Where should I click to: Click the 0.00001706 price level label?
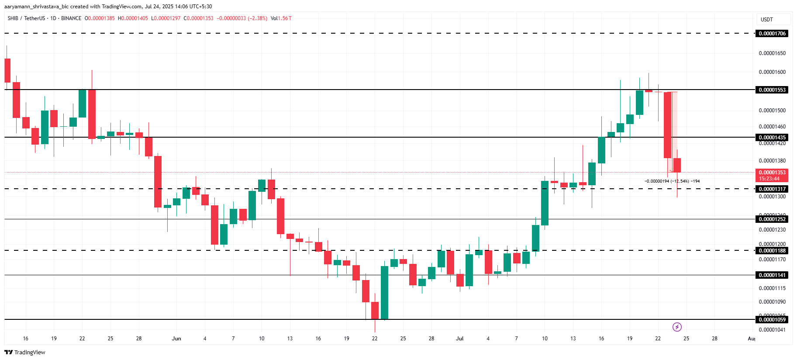[x=772, y=34]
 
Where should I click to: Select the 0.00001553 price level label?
[x=772, y=90]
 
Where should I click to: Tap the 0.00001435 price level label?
[x=772, y=138]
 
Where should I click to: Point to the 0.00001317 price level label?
[x=772, y=189]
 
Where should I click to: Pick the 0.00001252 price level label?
[x=772, y=219]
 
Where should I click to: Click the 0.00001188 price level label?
[x=772, y=251]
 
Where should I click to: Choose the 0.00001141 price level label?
[x=772, y=275]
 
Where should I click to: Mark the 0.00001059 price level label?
[x=772, y=320]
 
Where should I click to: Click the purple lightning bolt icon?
[x=677, y=327]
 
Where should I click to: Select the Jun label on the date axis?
[x=176, y=339]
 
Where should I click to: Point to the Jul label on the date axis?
[x=459, y=339]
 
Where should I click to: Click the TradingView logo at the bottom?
[x=25, y=352]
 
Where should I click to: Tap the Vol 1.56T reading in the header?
[x=281, y=18]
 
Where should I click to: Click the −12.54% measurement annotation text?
[x=672, y=181]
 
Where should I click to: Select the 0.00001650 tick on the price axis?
[x=772, y=53]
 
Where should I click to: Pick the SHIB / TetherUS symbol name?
[x=26, y=18]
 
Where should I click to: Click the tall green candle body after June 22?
[x=384, y=293]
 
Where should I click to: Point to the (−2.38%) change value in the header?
[x=257, y=18]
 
